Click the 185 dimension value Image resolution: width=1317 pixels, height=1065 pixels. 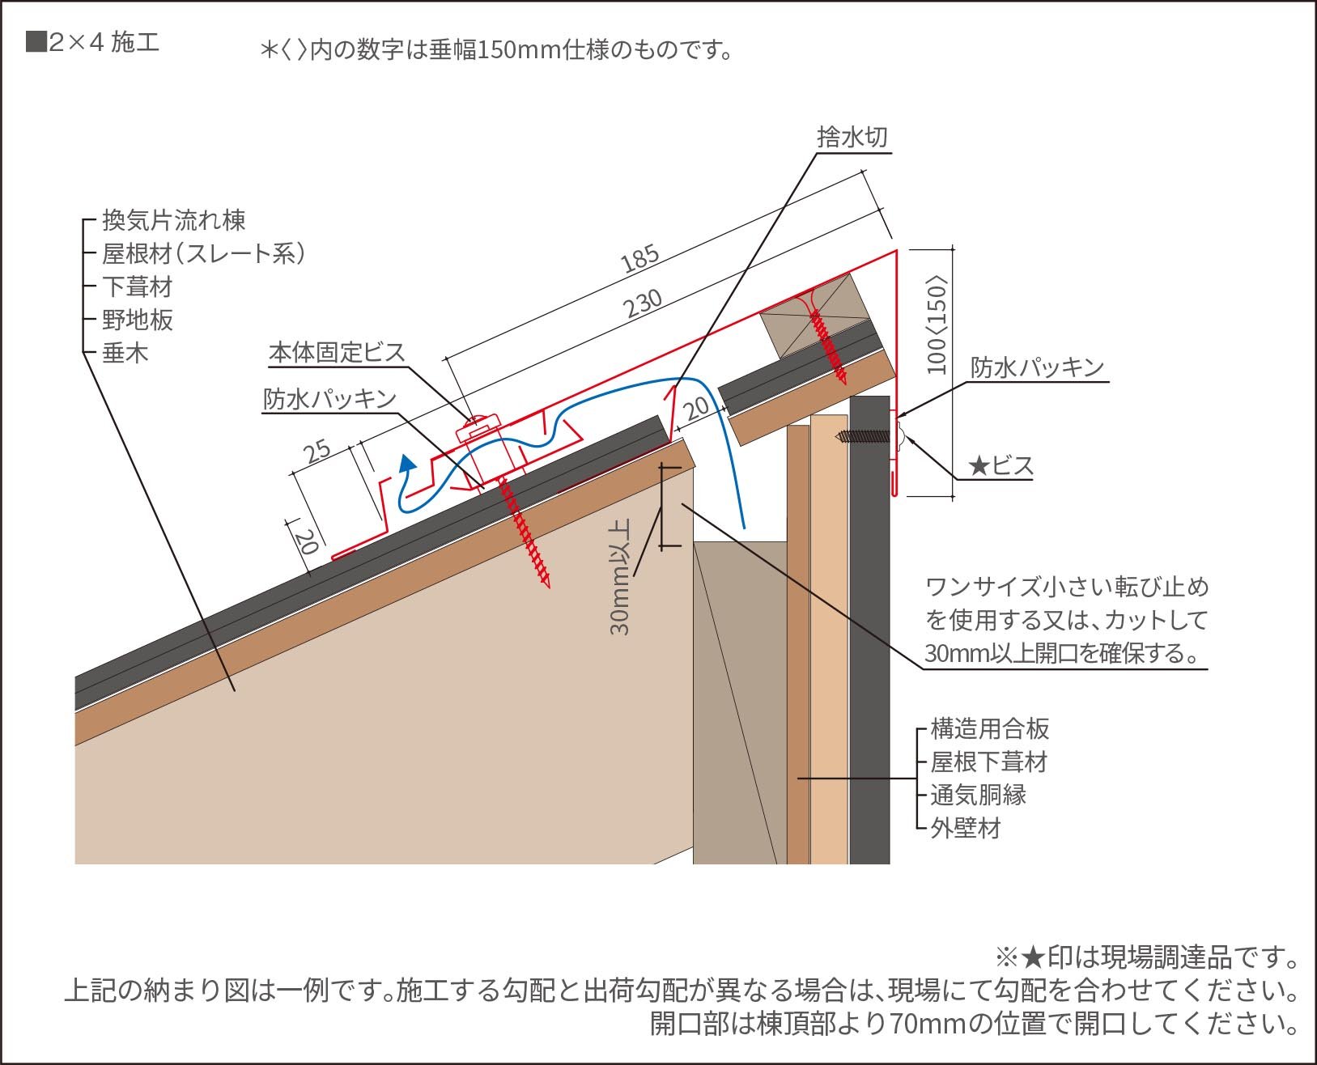[x=640, y=259]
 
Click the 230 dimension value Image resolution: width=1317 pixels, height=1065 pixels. [x=643, y=303]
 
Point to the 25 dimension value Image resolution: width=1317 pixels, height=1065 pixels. [x=318, y=452]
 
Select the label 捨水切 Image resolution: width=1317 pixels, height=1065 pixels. [x=852, y=138]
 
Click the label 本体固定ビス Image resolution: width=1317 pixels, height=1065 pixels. [x=337, y=352]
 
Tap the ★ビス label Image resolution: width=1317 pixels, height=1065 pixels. [x=1001, y=465]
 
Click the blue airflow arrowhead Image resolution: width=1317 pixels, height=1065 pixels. [x=406, y=464]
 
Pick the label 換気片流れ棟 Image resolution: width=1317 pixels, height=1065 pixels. [x=174, y=220]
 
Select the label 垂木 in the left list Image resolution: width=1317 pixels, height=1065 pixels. [x=125, y=354]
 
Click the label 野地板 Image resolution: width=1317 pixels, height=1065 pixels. [x=138, y=320]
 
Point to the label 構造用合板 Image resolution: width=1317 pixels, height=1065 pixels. [x=990, y=729]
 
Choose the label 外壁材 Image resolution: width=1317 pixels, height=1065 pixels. [x=966, y=828]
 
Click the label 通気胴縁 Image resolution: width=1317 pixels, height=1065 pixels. [x=978, y=796]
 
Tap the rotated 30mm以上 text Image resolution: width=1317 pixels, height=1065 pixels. [x=619, y=577]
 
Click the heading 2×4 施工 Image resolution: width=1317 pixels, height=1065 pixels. [x=93, y=43]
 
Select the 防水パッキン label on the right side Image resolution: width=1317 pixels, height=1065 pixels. [x=1037, y=367]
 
